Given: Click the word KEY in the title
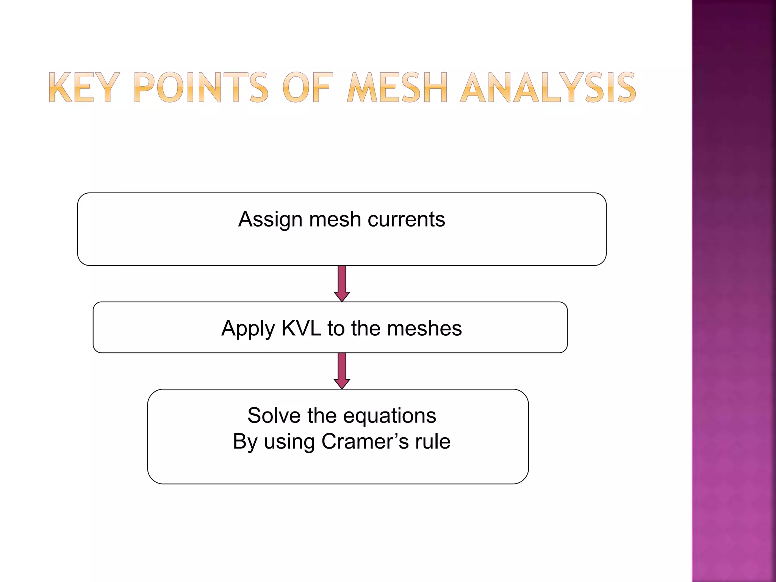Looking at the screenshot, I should [83, 88].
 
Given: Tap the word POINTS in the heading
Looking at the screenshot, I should [201, 88].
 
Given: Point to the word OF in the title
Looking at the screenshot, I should [308, 88].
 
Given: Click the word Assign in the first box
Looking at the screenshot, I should [271, 220].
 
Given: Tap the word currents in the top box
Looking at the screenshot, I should [406, 219].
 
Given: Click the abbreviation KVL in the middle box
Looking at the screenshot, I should [301, 328].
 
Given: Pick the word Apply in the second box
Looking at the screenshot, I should [248, 329].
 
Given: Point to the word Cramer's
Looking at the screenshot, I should [365, 441].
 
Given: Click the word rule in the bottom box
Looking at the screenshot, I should [433, 441].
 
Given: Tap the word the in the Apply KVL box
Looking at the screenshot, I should [366, 328].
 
